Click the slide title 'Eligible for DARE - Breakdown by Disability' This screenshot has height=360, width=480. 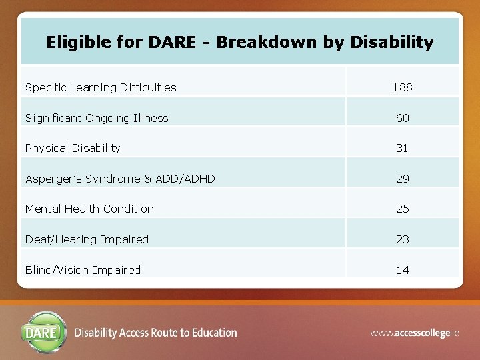[240, 43]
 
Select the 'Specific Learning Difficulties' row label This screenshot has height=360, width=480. [101, 87]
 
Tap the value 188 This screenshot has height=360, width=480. [402, 87]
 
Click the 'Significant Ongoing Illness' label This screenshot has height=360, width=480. [97, 118]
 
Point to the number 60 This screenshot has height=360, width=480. [402, 118]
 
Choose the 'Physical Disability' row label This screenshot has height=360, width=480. [73, 148]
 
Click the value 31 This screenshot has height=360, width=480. [402, 148]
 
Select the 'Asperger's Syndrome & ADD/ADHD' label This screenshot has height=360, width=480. [120, 179]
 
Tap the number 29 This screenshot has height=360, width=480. [402, 179]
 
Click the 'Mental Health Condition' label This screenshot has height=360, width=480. [89, 209]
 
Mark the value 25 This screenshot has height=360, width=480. [402, 209]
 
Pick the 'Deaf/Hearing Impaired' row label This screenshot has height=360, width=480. [87, 239]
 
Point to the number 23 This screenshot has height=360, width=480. [402, 239]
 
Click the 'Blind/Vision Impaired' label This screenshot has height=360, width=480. [83, 270]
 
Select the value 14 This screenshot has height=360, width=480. [402, 270]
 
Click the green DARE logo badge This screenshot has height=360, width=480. [45, 331]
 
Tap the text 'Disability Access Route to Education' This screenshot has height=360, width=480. [155, 333]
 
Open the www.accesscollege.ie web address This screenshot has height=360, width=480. [414, 332]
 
